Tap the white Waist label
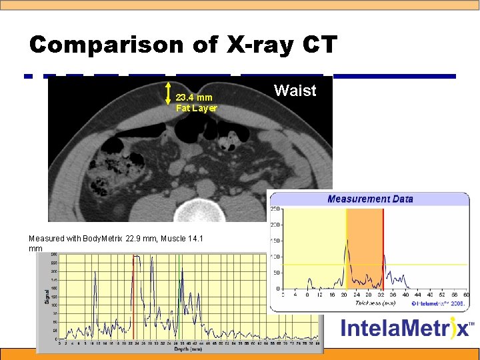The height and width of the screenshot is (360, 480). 295,91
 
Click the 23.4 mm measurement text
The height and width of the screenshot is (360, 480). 194,97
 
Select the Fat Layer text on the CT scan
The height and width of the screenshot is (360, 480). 196,108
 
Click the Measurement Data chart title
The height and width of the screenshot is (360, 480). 369,199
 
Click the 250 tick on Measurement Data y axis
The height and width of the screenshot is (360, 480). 275,209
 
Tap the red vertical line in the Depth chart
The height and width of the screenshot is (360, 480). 133,297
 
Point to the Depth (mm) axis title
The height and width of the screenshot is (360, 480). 183,348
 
